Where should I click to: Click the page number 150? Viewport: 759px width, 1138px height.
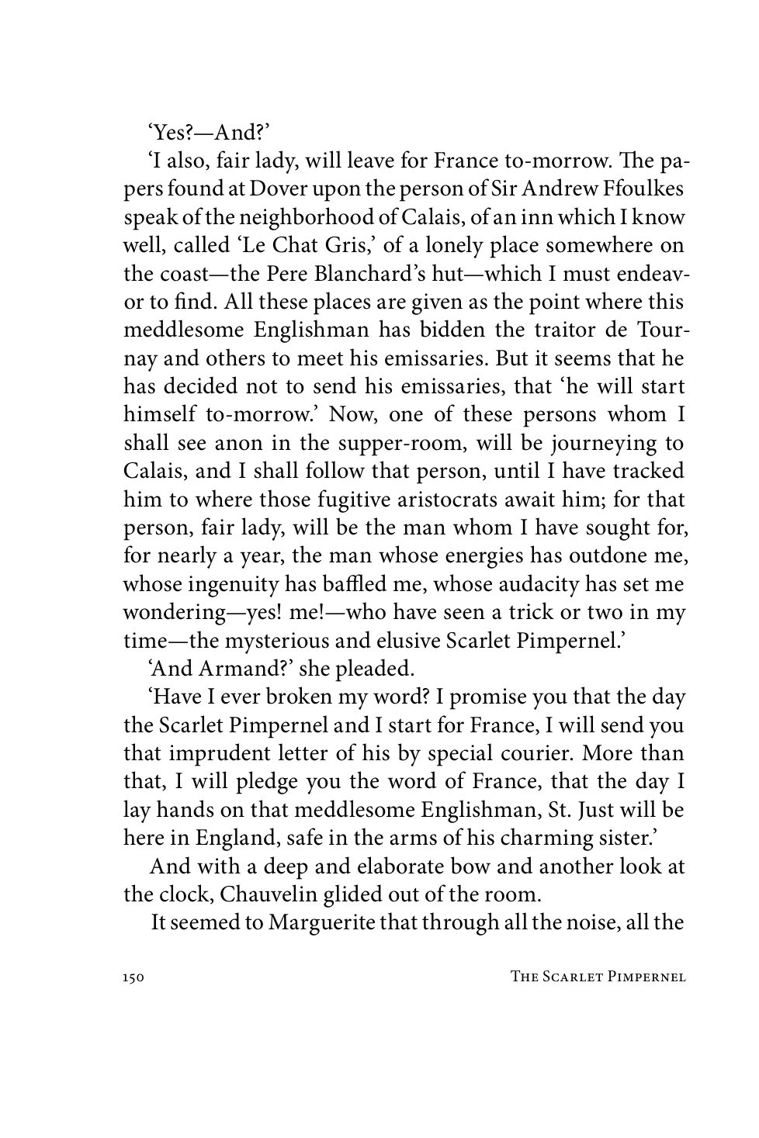(133, 978)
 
